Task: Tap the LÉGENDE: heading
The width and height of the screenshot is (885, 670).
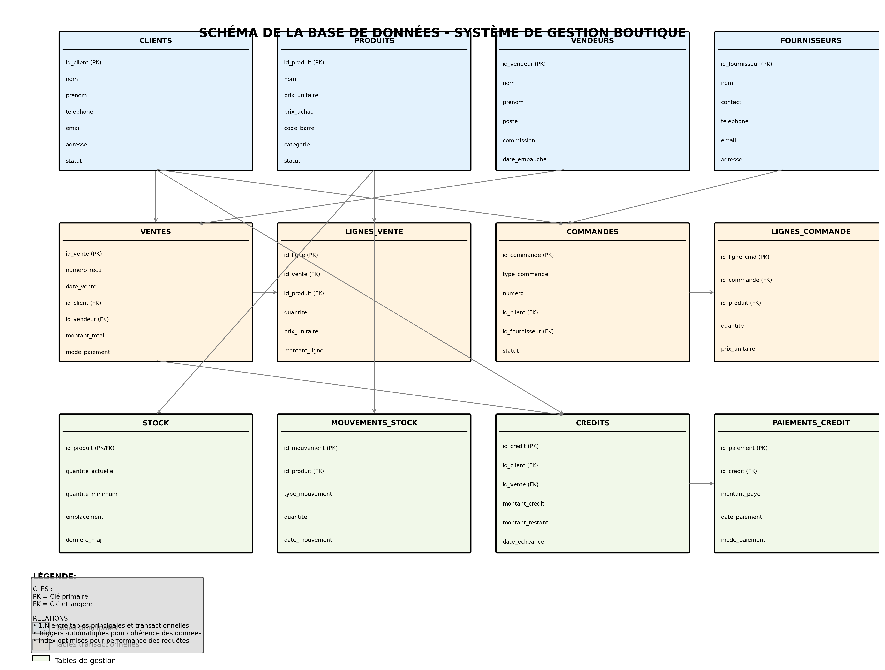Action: click(54, 577)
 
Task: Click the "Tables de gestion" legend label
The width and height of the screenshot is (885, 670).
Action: click(85, 661)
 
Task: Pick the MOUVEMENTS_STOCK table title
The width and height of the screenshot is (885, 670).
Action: click(374, 423)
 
